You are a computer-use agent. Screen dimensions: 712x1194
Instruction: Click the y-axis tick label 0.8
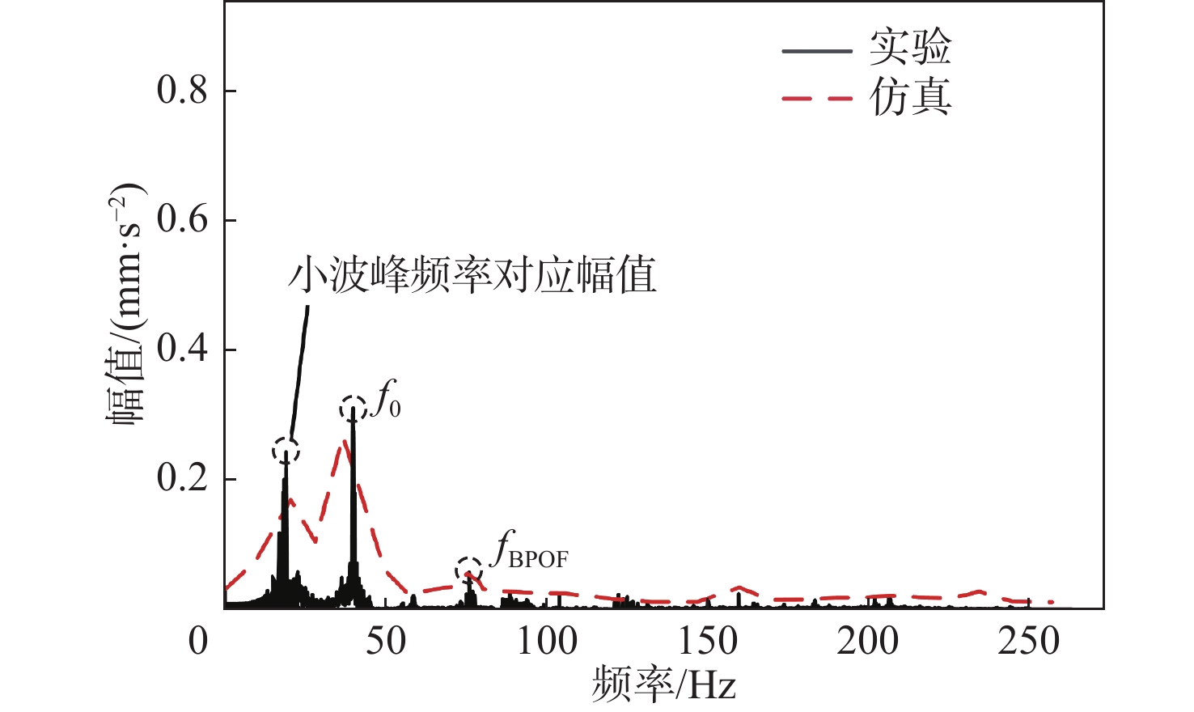pos(183,91)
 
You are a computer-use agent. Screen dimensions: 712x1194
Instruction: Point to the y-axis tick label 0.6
pos(183,220)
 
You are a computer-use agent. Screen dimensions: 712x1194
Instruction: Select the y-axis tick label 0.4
pos(183,350)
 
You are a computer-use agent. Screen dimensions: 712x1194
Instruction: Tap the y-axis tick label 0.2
pos(183,479)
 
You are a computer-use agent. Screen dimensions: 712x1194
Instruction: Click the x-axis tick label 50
pos(385,642)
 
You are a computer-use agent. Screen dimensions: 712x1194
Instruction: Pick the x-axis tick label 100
pos(547,642)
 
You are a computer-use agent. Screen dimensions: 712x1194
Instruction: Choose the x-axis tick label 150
pos(707,642)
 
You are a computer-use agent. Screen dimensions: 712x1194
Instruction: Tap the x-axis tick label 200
pos(867,642)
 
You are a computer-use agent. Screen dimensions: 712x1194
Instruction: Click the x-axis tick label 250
pos(1028,642)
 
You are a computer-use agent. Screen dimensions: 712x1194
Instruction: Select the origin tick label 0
pos(199,642)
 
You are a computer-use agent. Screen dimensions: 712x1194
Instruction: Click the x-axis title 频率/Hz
pos(663,685)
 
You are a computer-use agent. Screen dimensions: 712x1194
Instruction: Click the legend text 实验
pos(910,49)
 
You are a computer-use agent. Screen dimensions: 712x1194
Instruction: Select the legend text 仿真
pos(910,98)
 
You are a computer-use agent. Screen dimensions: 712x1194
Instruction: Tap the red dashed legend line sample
pos(817,99)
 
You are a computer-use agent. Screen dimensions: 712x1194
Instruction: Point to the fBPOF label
pos(531,551)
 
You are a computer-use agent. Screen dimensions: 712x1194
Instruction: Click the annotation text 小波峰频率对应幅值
pos(472,275)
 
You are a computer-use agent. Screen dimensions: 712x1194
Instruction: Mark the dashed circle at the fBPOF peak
pos(468,571)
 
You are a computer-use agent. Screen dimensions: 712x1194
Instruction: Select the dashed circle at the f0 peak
pos(354,409)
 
